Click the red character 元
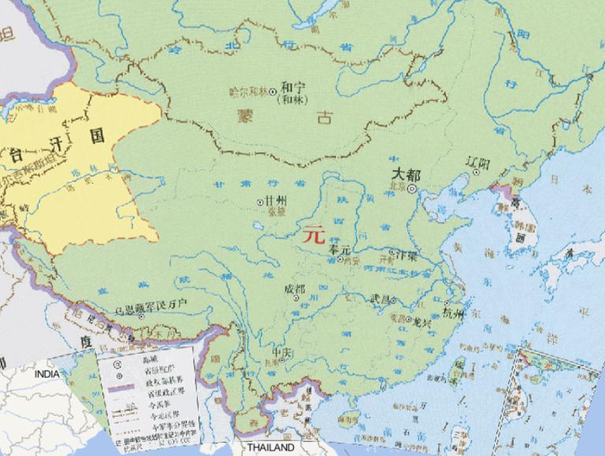(314, 234)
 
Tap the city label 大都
(406, 175)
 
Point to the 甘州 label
(276, 200)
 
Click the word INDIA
(46, 373)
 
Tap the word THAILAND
(270, 447)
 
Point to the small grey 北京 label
(395, 187)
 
